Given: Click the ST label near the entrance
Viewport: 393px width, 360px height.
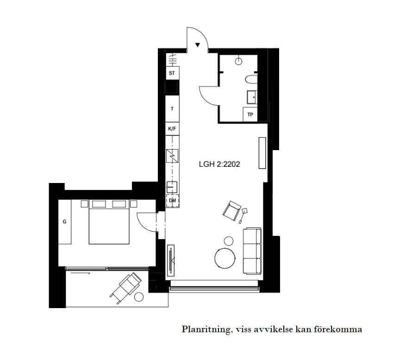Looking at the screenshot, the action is tap(172, 73).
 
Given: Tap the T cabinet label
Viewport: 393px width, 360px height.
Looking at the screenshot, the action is tap(172, 109).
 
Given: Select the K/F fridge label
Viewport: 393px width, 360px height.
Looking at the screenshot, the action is tap(172, 129).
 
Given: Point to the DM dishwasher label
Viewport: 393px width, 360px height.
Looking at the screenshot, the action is tap(173, 201).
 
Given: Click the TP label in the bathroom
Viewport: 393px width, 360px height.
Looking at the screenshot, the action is tap(250, 114).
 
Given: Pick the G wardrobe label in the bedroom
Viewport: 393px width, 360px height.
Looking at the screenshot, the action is tap(65, 221).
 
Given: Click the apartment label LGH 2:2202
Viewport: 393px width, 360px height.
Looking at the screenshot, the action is tap(219, 164).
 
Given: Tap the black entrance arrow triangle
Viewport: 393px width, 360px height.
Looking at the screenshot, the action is tap(198, 45).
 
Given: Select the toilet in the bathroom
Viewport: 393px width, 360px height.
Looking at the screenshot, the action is tap(251, 80).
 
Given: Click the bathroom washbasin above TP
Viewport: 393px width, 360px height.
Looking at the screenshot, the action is tap(252, 97).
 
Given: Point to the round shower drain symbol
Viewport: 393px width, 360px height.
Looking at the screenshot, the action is tap(238, 61).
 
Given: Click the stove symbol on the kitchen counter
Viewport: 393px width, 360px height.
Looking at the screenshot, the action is tap(172, 156).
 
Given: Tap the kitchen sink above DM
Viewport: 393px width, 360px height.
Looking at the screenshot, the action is tap(172, 187).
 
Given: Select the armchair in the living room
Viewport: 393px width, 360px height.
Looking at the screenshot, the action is tap(231, 211).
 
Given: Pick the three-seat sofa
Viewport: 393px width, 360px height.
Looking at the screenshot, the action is tap(252, 251).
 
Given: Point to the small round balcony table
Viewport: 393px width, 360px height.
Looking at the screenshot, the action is tap(139, 297).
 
